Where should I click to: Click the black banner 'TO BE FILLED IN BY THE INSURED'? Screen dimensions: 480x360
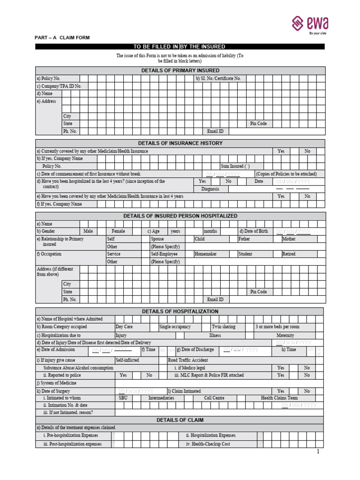pyautogui.click(x=180, y=46)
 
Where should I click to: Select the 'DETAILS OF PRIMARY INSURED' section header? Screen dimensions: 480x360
pyautogui.click(x=180, y=70)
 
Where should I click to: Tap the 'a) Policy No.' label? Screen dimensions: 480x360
pyautogui.click(x=48, y=78)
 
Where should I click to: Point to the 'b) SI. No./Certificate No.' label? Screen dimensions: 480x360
pyautogui.click(x=218, y=78)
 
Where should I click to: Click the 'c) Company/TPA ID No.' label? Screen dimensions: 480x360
pyautogui.click(x=59, y=86)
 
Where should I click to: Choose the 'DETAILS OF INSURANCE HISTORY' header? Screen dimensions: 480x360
pyautogui.click(x=180, y=143)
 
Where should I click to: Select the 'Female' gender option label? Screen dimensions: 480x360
pyautogui.click(x=119, y=231)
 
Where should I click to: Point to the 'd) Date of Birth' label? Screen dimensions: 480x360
pyautogui.click(x=254, y=231)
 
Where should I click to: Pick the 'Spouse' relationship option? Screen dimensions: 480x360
pyautogui.click(x=157, y=239)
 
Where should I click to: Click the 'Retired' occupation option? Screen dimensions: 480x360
pyautogui.click(x=289, y=254)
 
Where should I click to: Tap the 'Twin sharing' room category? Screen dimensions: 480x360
pyautogui.click(x=224, y=327)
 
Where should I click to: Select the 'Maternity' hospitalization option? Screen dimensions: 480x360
pyautogui.click(x=285, y=335)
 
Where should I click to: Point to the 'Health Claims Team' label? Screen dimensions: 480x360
pyautogui.click(x=279, y=397)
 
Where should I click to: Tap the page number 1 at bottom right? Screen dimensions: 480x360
pyautogui.click(x=317, y=452)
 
